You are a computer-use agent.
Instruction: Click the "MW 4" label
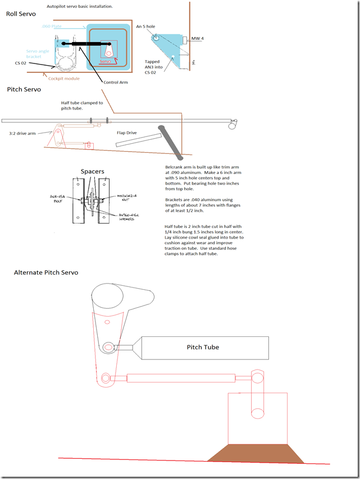197,38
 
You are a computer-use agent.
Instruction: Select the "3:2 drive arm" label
23,134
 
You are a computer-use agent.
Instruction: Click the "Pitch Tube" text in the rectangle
203,347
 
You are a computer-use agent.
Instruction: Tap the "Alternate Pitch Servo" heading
46,272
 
